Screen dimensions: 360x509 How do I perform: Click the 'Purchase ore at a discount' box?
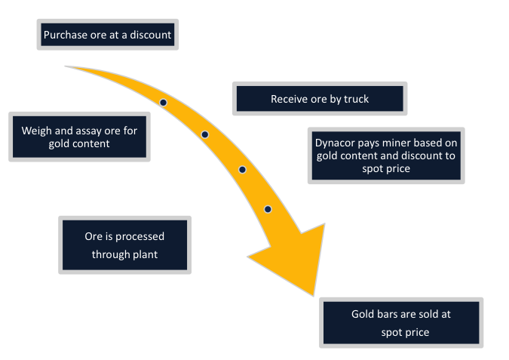click(108, 35)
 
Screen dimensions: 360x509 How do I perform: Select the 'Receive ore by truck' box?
click(320, 99)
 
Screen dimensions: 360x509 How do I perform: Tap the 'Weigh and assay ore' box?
click(79, 137)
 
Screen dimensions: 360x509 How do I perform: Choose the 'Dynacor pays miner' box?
click(386, 155)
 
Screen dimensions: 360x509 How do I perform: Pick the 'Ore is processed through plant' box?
click(124, 245)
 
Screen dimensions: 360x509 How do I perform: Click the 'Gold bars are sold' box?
click(400, 323)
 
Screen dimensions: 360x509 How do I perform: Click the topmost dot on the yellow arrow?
click(163, 102)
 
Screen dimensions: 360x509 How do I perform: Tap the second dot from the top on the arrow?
click(204, 134)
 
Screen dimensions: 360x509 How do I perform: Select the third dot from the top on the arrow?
click(242, 170)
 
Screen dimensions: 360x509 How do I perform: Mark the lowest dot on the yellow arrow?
click(268, 209)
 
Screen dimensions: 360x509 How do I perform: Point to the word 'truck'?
click(355, 99)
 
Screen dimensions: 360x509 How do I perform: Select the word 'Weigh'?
click(36, 130)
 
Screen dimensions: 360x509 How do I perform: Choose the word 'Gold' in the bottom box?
click(364, 314)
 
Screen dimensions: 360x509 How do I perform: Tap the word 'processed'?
click(137, 236)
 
